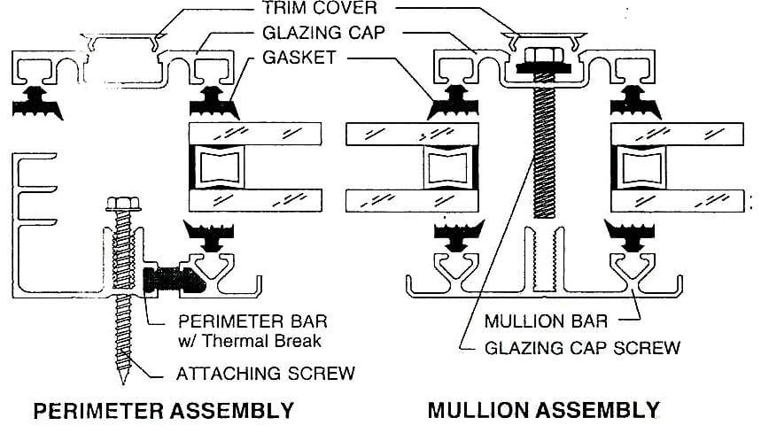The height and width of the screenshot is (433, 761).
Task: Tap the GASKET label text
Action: point(304,58)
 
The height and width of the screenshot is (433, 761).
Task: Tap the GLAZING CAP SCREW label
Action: point(582,347)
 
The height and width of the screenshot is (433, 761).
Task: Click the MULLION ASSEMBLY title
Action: point(544,411)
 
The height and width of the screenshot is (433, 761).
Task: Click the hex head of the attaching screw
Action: point(121,205)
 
